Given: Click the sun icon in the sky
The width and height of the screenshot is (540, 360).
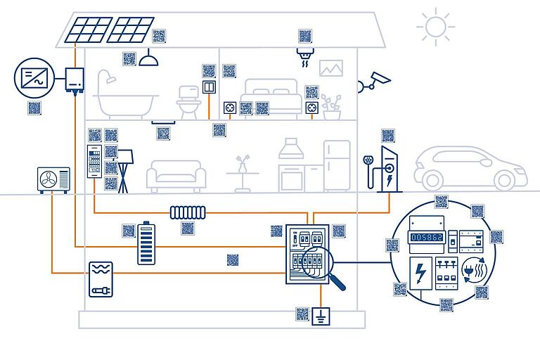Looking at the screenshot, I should coord(435,27).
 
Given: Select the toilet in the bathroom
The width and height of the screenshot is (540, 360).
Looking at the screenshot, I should coord(188,101).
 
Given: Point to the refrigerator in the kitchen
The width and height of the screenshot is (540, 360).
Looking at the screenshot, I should coord(337,166).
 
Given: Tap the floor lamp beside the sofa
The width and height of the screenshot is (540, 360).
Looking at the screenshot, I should coord(124,169).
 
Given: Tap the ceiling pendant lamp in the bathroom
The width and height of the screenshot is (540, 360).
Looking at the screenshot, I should coord(148,60).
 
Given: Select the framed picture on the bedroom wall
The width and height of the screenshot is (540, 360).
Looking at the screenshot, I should coord(330,68).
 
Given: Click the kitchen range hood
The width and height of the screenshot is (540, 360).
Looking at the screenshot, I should coord(290,150).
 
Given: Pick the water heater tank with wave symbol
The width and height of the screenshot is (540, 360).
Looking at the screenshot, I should coord(101,279).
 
